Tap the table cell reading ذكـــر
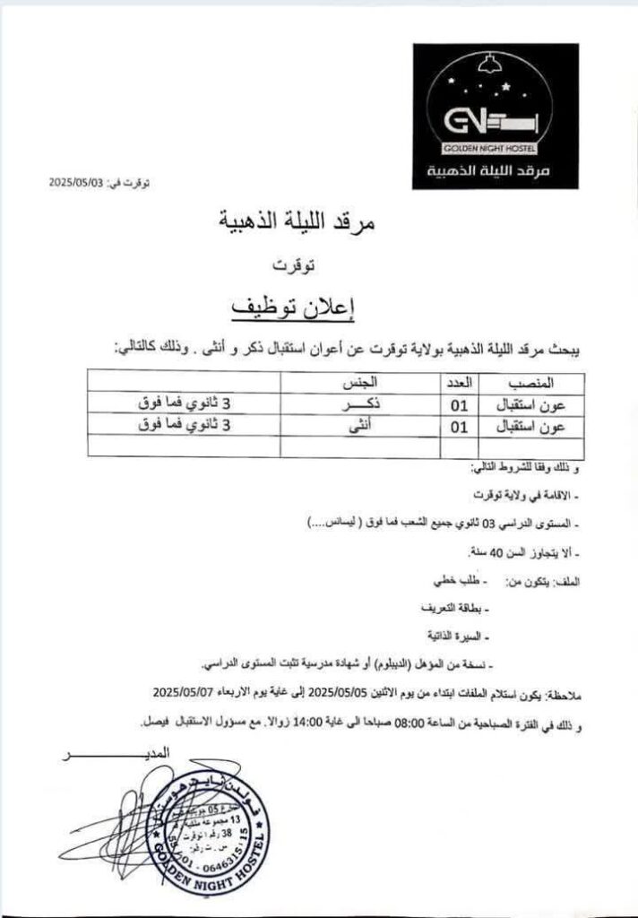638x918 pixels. point(359,404)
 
